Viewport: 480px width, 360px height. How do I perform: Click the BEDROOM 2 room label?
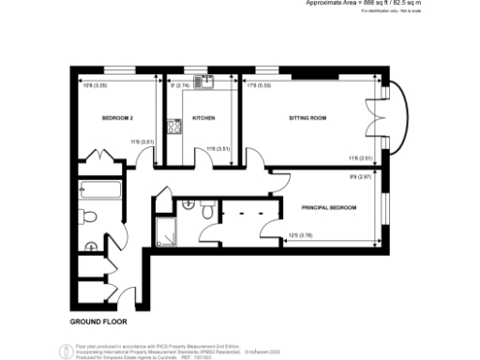(x=118, y=118)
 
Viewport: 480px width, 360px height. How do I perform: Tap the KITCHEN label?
(x=203, y=118)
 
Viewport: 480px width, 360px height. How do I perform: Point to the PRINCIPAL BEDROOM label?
(x=328, y=206)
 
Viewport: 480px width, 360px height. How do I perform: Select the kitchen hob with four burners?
(x=173, y=125)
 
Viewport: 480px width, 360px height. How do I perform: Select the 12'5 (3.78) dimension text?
(x=299, y=235)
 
